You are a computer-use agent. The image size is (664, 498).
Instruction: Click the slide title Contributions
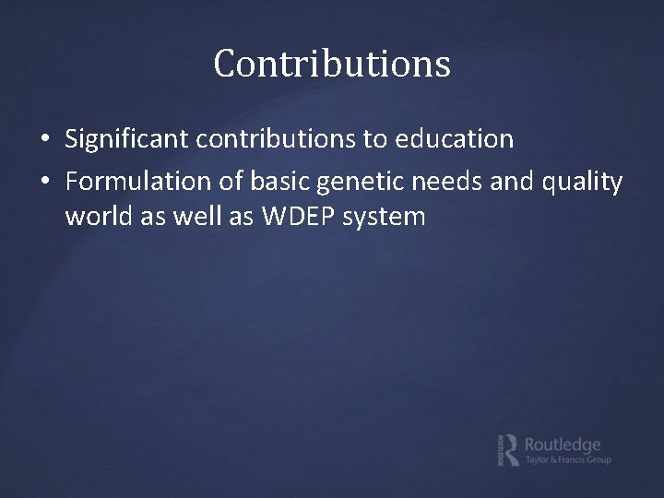coord(332,64)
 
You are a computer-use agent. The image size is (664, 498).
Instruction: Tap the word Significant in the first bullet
coord(124,139)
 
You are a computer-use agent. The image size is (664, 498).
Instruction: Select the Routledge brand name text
coord(562,444)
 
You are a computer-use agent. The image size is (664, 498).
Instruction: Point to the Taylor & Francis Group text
coord(567,459)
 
